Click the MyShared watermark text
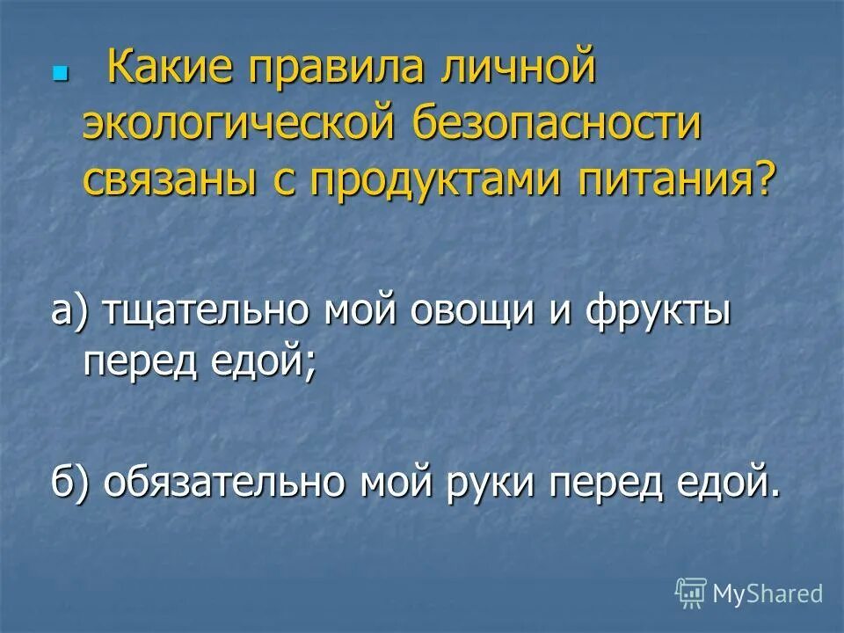coord(768,593)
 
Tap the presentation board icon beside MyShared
coord(691,593)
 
